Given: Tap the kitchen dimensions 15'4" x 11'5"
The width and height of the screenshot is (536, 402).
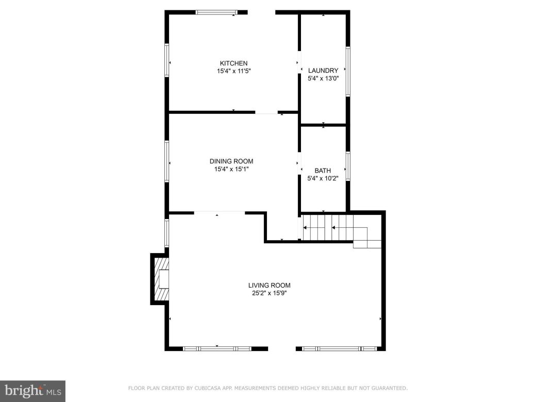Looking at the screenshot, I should tap(233, 71).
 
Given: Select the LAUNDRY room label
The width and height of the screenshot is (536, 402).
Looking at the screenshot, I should tap(323, 71).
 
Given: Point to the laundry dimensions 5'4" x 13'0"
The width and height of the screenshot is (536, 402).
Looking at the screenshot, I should tap(323, 79).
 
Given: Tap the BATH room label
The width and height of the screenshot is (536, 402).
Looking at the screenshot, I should tap(323, 171).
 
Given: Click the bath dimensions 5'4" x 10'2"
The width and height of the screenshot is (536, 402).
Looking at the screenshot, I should tap(323, 179).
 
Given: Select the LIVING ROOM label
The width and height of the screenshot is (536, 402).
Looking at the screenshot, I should tap(269, 285).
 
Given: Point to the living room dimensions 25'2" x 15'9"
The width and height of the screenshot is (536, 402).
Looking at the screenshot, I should tap(269, 293).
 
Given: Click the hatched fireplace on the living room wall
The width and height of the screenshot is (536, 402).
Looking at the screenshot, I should tap(162, 279).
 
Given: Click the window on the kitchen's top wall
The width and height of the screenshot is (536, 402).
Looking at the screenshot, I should tap(216, 12).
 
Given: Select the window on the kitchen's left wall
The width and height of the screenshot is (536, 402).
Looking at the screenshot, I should tap(166, 61).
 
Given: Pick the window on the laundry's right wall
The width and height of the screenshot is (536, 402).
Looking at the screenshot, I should tap(348, 71).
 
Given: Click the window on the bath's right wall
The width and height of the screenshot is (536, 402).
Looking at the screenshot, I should tap(348, 166).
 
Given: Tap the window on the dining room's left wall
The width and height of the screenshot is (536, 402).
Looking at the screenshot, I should tap(166, 161).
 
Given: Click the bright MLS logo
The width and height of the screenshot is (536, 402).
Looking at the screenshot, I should tap(32, 391).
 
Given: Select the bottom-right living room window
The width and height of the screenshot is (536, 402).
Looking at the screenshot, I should tap(340, 349).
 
